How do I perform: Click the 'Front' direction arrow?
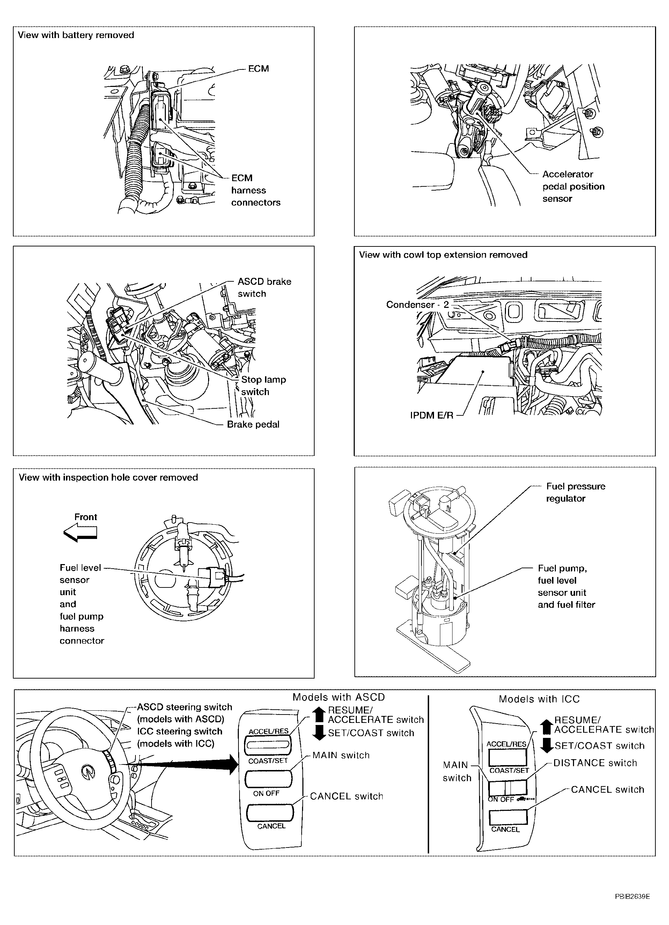pyautogui.click(x=81, y=533)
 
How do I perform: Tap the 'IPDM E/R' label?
pyautogui.click(x=432, y=416)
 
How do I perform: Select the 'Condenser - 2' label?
pyautogui.click(x=417, y=305)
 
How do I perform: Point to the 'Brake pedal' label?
pyautogui.click(x=253, y=424)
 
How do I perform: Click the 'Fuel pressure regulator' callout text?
pyautogui.click(x=575, y=492)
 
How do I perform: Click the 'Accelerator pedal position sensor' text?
pyautogui.click(x=573, y=186)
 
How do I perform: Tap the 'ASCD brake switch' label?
pyautogui.click(x=264, y=288)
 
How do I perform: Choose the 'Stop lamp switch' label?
pyautogui.click(x=263, y=385)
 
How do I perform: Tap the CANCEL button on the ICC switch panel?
pyautogui.click(x=508, y=817)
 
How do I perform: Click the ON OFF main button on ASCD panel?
pyautogui.click(x=268, y=779)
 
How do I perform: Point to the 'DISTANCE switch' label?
pyautogui.click(x=595, y=763)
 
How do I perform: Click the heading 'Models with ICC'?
pyautogui.click(x=539, y=699)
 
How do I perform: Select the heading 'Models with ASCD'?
pyautogui.click(x=339, y=697)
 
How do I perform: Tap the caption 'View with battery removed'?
pyautogui.click(x=76, y=35)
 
